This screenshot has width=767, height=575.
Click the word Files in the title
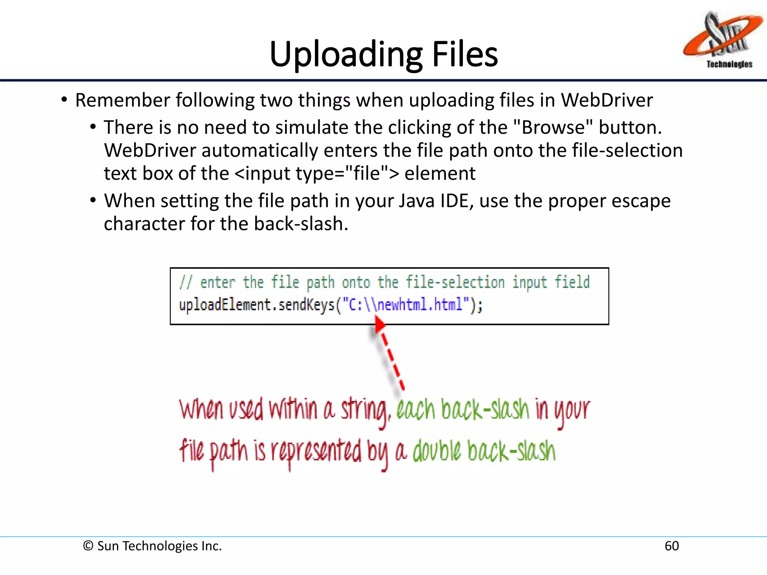click(x=465, y=54)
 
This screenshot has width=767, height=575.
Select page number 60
click(x=671, y=546)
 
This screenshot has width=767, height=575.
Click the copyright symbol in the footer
click(x=88, y=546)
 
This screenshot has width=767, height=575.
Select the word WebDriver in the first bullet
click(x=607, y=100)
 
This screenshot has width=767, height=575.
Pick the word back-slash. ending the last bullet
click(x=301, y=224)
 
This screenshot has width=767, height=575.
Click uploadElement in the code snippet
click(x=224, y=304)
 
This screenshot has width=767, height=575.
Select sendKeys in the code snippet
click(x=306, y=304)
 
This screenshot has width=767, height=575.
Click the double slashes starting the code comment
click(x=186, y=282)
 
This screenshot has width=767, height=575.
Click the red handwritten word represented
click(x=316, y=451)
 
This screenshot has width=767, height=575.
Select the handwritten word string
click(x=365, y=410)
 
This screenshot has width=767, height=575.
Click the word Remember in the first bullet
click(x=123, y=100)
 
